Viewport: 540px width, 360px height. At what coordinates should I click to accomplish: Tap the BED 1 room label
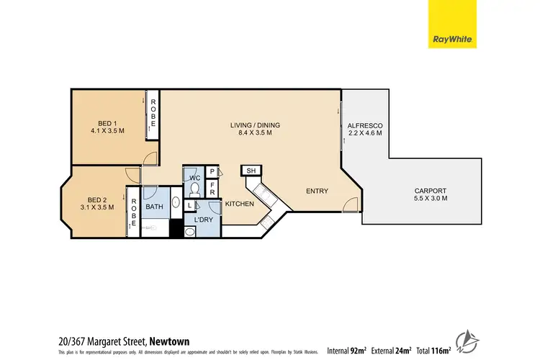pos(108,122)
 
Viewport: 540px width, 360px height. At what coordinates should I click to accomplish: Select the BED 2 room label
pos(98,199)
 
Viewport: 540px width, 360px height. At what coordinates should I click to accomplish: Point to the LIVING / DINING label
pos(255,125)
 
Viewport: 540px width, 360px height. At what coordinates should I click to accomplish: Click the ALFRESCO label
pos(364,126)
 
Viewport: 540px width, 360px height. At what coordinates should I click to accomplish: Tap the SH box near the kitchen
pos(251,171)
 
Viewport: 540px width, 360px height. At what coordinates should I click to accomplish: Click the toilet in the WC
pos(195,189)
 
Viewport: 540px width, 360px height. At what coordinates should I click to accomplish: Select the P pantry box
pos(213,171)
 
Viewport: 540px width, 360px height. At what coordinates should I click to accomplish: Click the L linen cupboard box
pos(189,206)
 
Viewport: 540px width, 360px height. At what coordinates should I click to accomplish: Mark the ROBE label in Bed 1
pos(153,114)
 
